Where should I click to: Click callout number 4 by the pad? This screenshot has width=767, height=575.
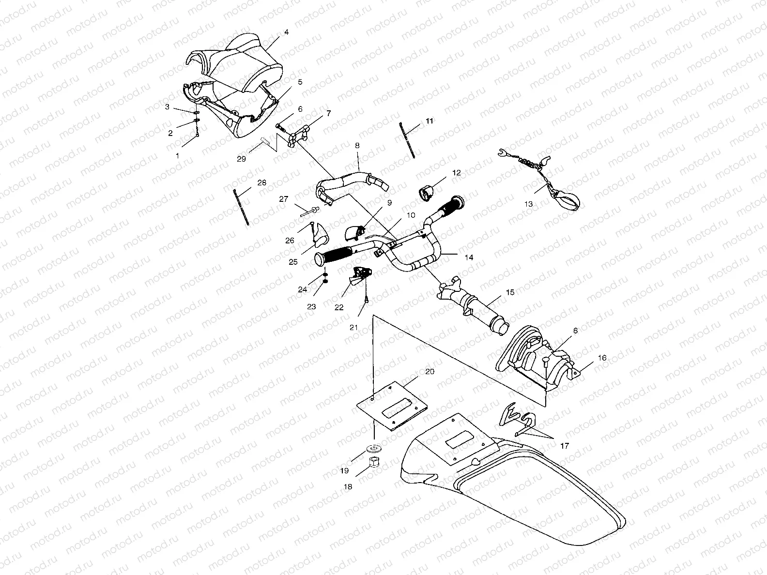click(x=286, y=32)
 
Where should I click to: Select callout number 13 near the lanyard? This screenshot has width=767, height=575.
click(x=528, y=204)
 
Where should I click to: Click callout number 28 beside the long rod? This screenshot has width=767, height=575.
click(x=261, y=183)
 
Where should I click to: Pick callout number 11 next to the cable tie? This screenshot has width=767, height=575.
click(x=430, y=121)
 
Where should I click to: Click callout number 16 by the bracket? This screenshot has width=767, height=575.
click(x=602, y=358)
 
